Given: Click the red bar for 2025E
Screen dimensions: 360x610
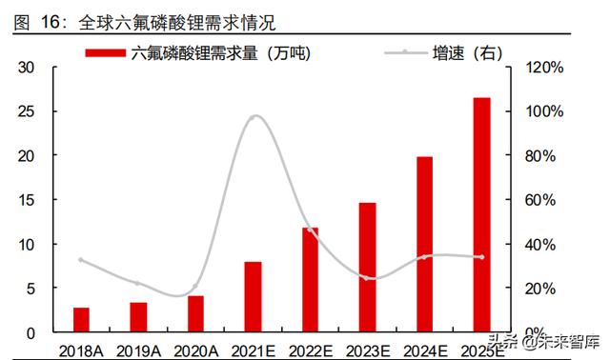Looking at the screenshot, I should pos(482,214).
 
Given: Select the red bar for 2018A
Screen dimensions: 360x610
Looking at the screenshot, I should pos(81,319).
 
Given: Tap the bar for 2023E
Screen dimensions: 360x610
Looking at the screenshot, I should pos(367,267).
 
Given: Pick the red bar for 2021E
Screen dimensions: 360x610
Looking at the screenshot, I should pos(253,296).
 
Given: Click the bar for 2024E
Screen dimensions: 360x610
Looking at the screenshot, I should pos(424,244).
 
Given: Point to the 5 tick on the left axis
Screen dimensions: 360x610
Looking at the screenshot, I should pos(30,289).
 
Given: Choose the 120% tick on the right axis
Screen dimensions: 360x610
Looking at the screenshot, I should pos(549,67).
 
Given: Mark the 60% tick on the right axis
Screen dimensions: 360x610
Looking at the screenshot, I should pos(545,200).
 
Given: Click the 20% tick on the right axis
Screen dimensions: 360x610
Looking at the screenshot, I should pos(545,289).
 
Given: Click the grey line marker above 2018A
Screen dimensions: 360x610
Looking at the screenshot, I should pos(81,260).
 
